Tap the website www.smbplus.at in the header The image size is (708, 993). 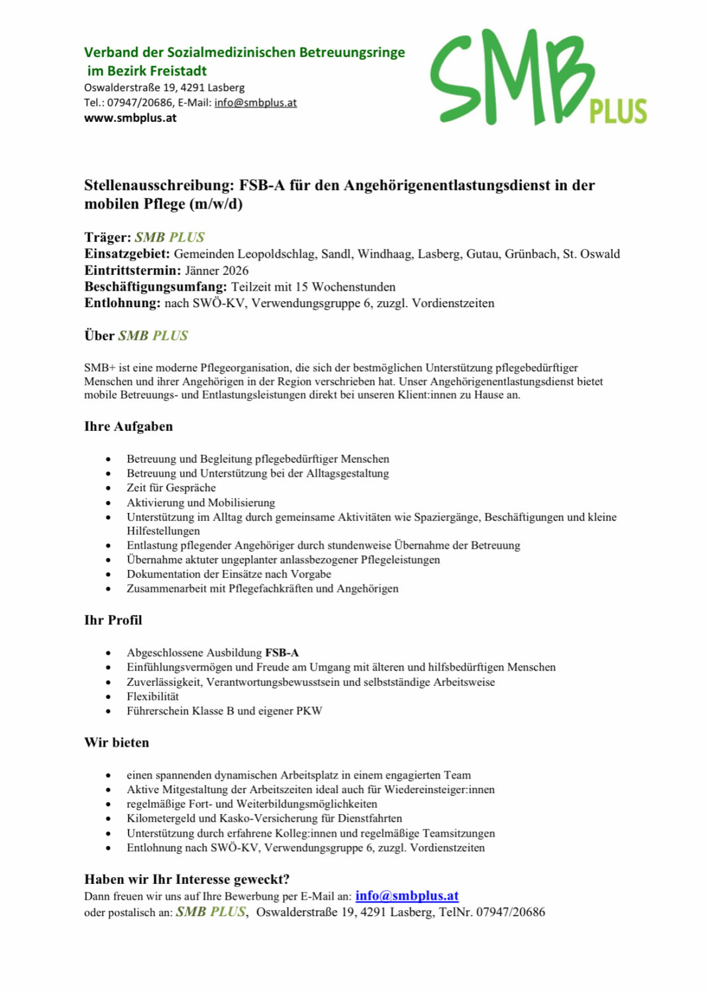coord(130,118)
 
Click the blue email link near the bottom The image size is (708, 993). coord(407,896)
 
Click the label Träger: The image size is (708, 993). coord(107,237)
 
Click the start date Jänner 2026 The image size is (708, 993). coord(217,271)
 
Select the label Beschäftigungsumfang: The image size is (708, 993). coord(155,287)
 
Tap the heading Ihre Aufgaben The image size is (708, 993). coord(128,426)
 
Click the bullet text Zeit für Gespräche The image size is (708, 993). coord(171,488)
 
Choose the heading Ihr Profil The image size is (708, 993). coord(113,620)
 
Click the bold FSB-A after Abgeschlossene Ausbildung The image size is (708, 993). coord(282,653)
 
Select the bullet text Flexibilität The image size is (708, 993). coord(152,696)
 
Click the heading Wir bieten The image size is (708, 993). coord(117,743)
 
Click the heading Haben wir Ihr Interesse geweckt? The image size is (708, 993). coord(187,879)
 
